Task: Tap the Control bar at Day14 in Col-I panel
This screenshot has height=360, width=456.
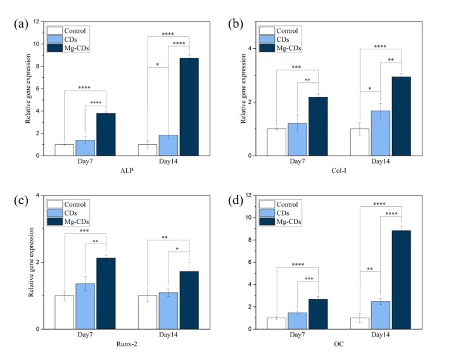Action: [360, 142]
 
